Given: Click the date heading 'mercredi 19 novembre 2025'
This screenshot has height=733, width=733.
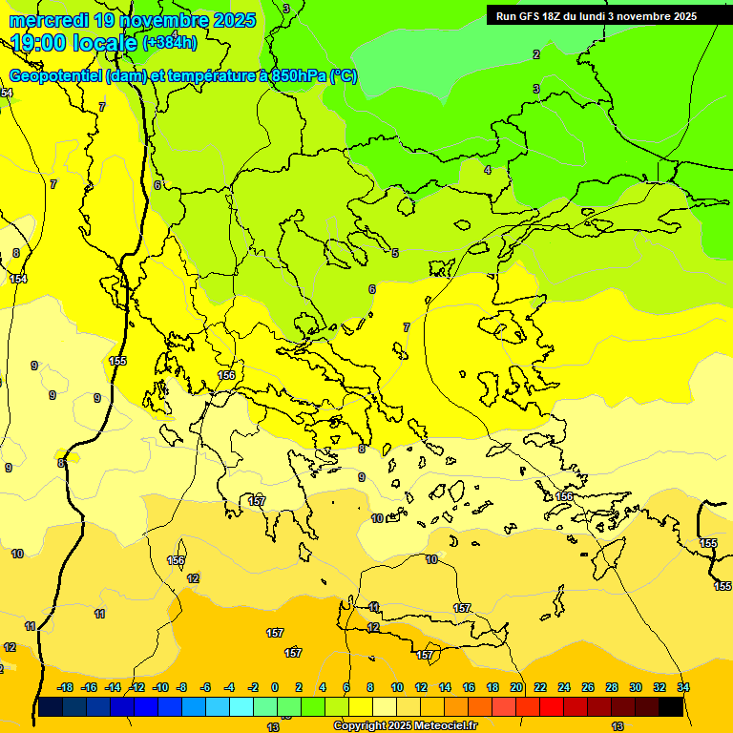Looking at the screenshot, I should tap(133, 20).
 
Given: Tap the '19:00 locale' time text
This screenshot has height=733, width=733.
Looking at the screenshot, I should tap(74, 42).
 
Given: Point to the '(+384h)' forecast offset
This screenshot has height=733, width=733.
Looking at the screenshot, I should tap(170, 42).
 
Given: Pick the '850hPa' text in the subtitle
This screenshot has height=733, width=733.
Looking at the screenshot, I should tap(295, 76).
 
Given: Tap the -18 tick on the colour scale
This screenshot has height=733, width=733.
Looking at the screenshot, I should tap(65, 687).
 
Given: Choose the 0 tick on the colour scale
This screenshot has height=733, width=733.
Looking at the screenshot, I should tap(275, 687).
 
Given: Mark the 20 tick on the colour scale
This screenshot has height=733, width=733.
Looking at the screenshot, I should tap(516, 687).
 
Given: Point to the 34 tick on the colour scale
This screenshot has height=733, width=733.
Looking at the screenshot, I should tap(683, 687).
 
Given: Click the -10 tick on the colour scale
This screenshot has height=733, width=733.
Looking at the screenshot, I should tap(160, 687).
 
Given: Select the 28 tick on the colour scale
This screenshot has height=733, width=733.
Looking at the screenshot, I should tap(612, 687).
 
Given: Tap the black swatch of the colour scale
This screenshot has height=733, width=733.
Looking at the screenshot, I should tap(671, 706).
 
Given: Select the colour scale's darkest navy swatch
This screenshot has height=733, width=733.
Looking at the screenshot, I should tap(51, 706).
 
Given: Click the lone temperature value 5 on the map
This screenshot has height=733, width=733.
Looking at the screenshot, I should tap(395, 253).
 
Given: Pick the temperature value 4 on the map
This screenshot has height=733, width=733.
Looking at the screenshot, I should tap(488, 170).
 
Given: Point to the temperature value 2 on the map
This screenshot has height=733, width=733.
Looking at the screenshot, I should tap(536, 54).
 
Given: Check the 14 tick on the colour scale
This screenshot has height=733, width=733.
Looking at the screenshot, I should tap(445, 687).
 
